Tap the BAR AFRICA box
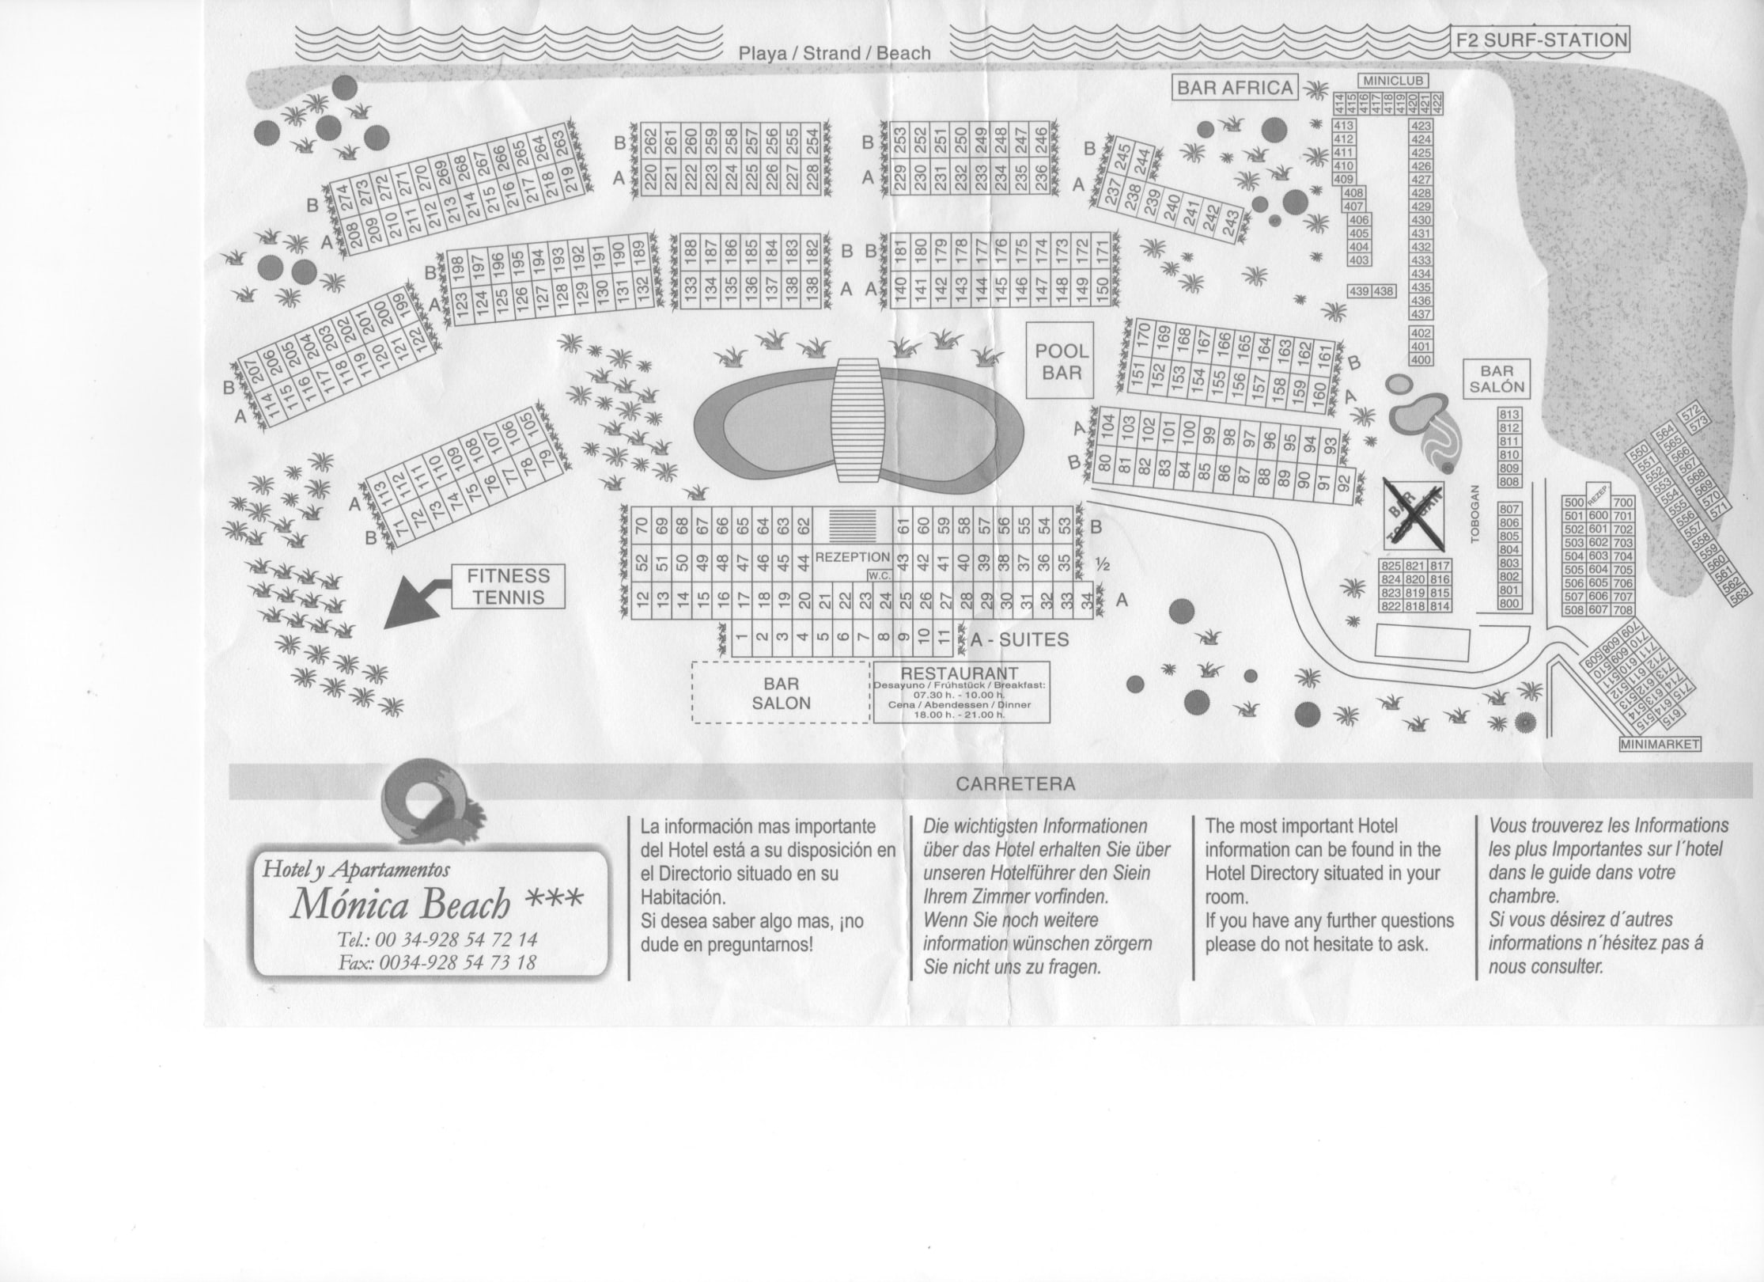(1234, 88)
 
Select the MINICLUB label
(1393, 81)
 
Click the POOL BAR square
(1061, 361)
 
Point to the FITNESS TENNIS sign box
(508, 586)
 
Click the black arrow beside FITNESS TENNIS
(415, 604)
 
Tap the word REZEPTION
(853, 557)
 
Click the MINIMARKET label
(1660, 745)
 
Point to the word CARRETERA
(1015, 784)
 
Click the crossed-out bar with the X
(1415, 514)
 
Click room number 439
(1360, 292)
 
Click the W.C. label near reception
(880, 575)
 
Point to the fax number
(437, 962)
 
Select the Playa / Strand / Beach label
(835, 53)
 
